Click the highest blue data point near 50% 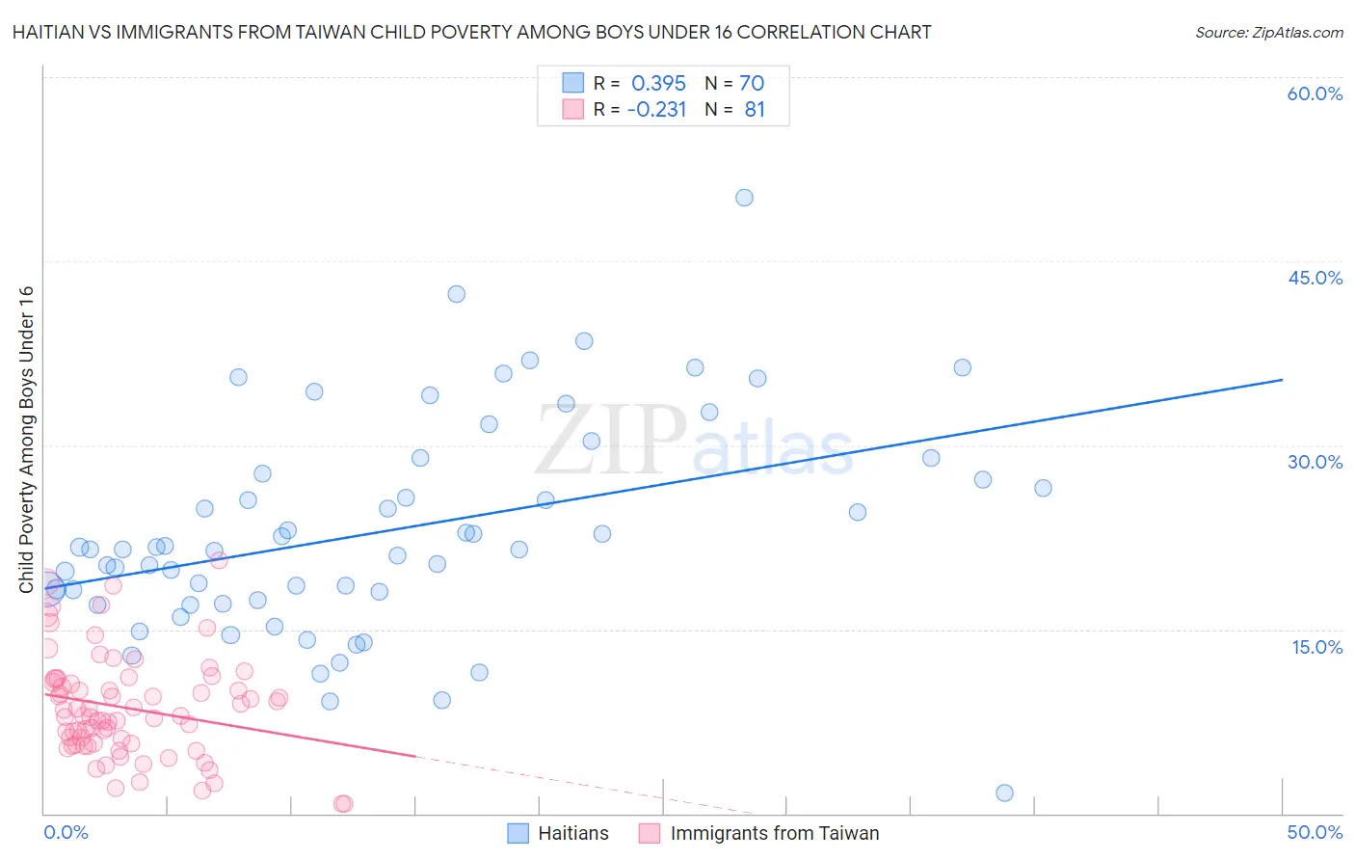[x=744, y=198]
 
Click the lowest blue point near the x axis [x=1004, y=793]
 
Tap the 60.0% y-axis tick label [x=1315, y=94]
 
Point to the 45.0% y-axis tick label [x=1315, y=278]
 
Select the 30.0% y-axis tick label [x=1315, y=462]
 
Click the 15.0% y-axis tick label [x=1316, y=647]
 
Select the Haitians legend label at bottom [x=573, y=833]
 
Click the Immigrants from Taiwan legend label [x=775, y=833]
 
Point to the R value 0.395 [x=658, y=84]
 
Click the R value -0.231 [x=656, y=110]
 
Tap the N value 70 [x=752, y=84]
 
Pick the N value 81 [x=755, y=110]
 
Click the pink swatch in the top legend [x=573, y=109]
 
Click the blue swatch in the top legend [x=573, y=83]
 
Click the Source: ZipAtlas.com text [x=1268, y=33]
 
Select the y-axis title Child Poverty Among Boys [x=26, y=440]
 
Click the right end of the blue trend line [x=1282, y=380]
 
